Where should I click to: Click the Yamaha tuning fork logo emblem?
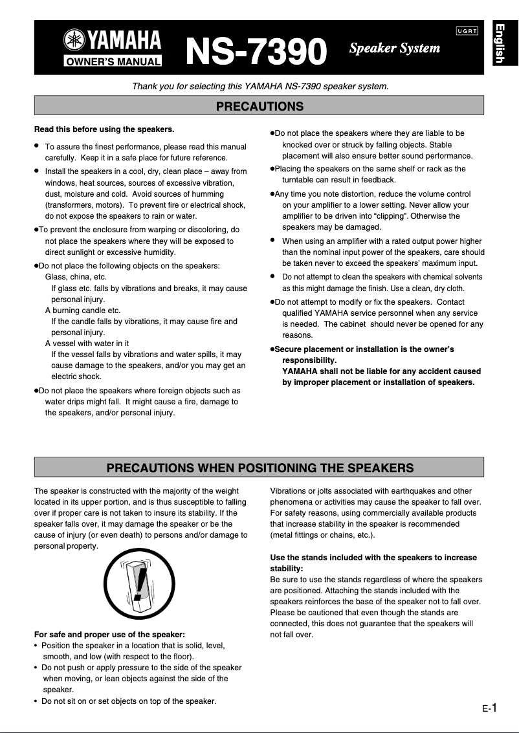pos(74,41)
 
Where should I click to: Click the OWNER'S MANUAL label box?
pos(113,62)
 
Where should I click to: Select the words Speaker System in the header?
pos(394,48)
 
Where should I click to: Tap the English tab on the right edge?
pos(500,43)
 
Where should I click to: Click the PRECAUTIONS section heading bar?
pos(259,105)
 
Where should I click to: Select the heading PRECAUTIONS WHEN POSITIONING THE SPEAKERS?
pos(259,467)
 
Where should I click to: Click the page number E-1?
pos(489,708)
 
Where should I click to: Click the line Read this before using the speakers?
pos(104,129)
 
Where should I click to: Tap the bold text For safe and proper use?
pos(109,634)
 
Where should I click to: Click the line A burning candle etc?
pos(83,311)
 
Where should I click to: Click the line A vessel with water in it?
pos(87,344)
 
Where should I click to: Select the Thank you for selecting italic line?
pos(260,86)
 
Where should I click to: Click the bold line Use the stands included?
pos(373,557)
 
